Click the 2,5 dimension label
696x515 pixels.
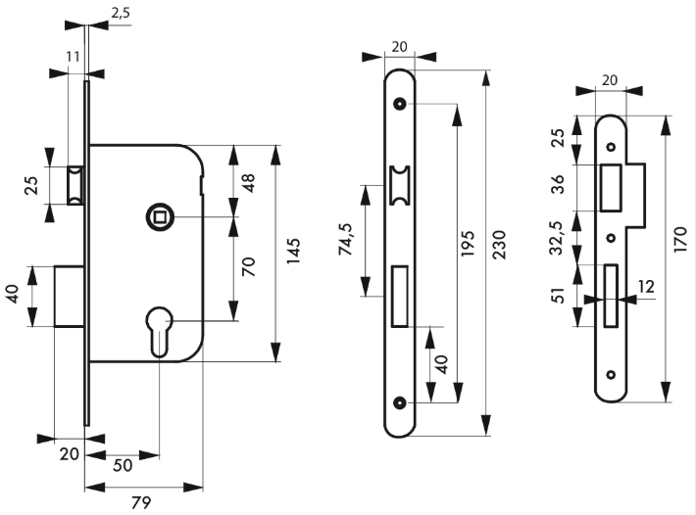[121, 13]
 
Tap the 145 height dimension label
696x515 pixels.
[293, 252]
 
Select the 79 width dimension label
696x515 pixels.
[141, 502]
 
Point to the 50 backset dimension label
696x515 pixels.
[123, 465]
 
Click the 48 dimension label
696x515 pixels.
[248, 182]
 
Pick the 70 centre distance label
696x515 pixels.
[249, 267]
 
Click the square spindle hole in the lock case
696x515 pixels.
[160, 217]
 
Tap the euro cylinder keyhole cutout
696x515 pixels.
[160, 331]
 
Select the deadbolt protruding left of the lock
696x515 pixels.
[70, 297]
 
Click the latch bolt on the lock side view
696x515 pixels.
[75, 185]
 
